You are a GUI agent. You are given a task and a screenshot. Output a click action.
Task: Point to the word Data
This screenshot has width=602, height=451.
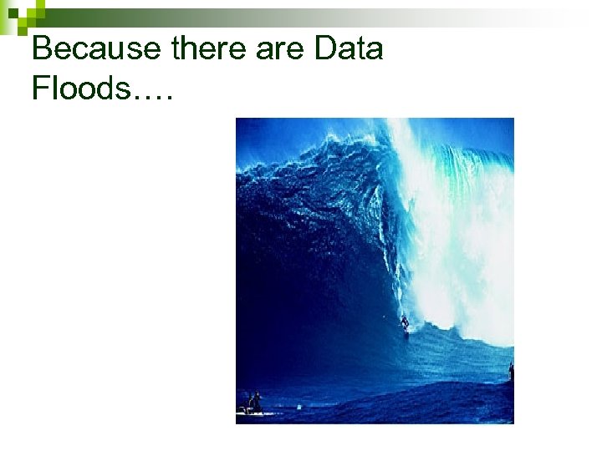pos(349,48)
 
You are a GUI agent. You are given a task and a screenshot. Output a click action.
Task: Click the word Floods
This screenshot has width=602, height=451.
pos(80,88)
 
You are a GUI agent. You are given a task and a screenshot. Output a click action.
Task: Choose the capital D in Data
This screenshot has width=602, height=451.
pos(326,48)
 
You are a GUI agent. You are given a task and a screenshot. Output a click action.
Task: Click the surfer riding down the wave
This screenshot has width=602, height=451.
pos(406,323)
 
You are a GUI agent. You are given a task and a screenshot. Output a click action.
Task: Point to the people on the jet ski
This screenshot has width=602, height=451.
pos(253,403)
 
